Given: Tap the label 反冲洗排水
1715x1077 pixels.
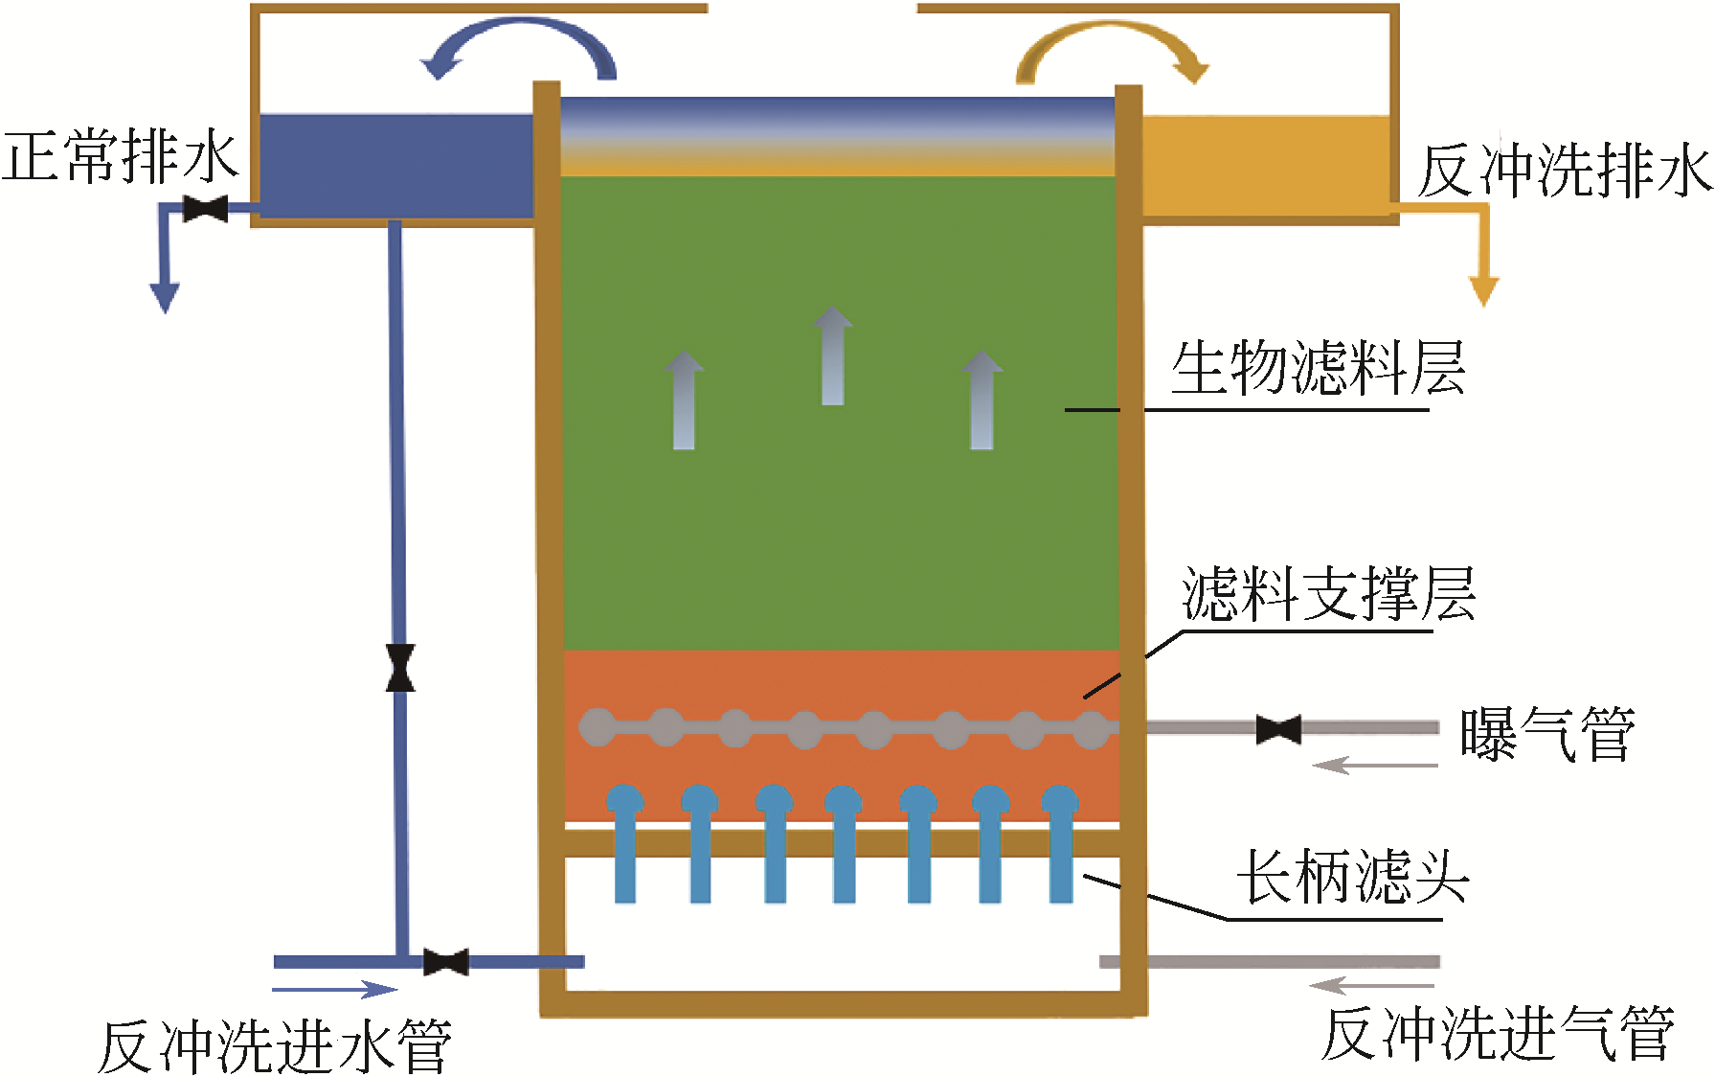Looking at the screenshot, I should point(1565,172).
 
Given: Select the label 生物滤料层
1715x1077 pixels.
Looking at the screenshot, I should point(1318,368).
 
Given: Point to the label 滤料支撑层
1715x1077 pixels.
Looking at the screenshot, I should point(1328,594).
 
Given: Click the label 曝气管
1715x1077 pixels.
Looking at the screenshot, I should point(1546,735).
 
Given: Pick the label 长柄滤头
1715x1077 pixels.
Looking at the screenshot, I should point(1352,876).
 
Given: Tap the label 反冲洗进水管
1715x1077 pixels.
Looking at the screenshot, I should point(275,1046).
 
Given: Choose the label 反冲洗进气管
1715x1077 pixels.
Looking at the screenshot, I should point(1498,1034).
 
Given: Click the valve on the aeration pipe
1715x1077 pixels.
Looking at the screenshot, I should point(1278,729).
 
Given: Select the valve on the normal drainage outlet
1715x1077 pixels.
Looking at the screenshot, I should point(205,208).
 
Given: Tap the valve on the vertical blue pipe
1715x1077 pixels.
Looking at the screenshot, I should point(400,668).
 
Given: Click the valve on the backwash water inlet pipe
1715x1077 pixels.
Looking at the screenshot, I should point(445,962).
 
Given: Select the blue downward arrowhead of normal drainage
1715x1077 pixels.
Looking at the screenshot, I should point(165,297).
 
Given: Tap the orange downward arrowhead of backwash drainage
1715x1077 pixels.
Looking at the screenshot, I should point(1483,290).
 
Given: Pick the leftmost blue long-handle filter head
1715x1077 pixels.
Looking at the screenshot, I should point(624,843).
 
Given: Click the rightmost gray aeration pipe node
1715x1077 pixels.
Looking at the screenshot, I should point(1091,729).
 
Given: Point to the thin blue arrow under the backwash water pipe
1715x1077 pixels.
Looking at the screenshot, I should point(335,990).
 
